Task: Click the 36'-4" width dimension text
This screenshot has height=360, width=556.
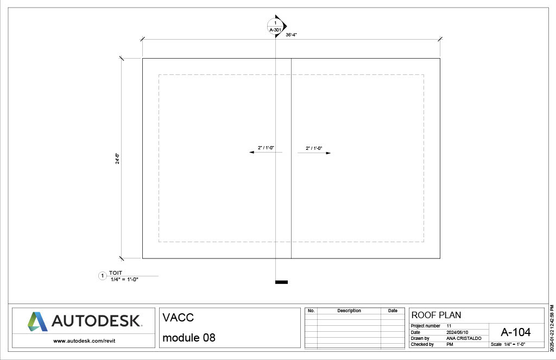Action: tap(291, 35)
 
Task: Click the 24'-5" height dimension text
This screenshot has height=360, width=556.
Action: tap(117, 159)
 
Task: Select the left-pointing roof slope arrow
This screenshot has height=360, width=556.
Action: tap(266, 152)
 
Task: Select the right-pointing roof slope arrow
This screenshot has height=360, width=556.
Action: tap(314, 153)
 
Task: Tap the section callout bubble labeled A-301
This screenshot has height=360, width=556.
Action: tap(275, 26)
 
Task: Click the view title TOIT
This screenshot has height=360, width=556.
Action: tap(116, 273)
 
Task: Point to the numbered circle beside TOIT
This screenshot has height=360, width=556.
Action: tap(103, 276)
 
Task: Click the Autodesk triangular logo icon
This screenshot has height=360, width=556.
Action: tap(37, 321)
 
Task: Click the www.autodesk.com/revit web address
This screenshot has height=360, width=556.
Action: tap(84, 341)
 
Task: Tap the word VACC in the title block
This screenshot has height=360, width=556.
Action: tap(178, 318)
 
